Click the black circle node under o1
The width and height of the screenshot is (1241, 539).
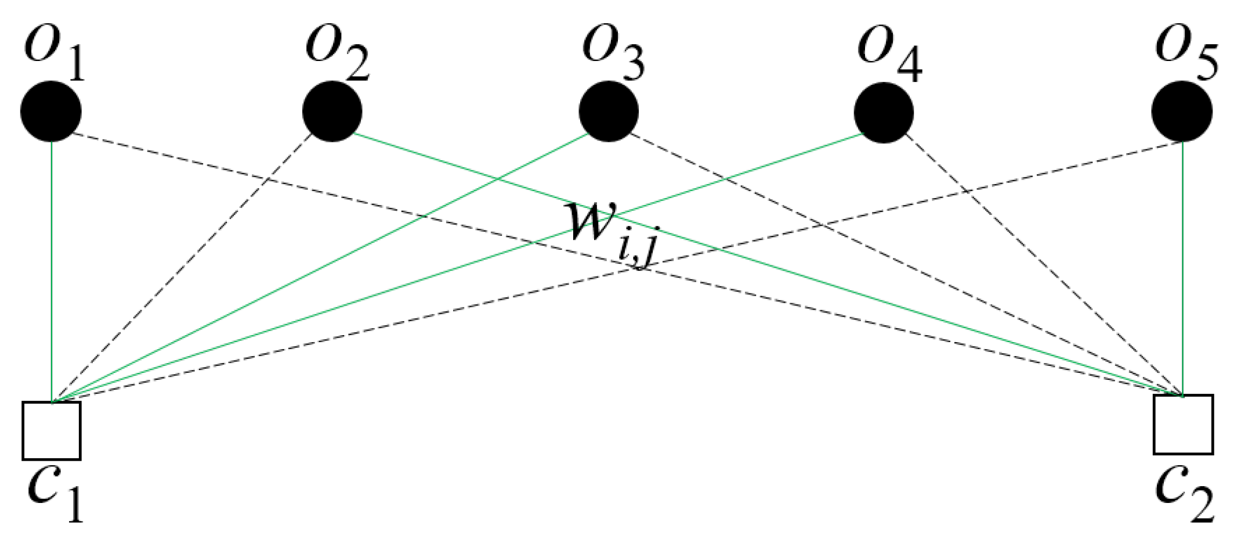(x=51, y=111)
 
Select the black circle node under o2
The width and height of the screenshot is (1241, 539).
(x=332, y=111)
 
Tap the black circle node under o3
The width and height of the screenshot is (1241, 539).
(x=609, y=111)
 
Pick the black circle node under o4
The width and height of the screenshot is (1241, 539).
(x=884, y=112)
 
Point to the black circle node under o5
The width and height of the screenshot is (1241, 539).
(x=1182, y=111)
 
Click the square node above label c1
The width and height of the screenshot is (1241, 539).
(x=51, y=430)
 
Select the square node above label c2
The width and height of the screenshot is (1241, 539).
(x=1183, y=425)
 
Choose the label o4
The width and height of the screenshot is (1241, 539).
(x=889, y=53)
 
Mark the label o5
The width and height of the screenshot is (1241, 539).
(x=1186, y=53)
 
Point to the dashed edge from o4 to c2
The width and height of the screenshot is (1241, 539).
(x=1044, y=267)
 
